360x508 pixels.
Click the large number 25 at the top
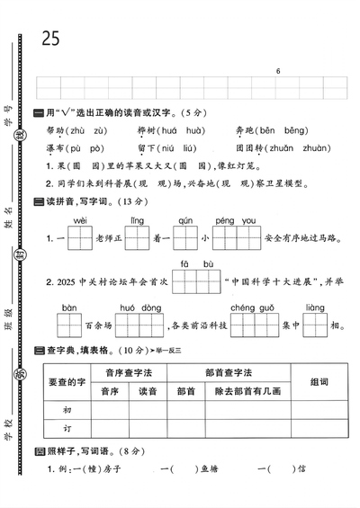click(x=50, y=38)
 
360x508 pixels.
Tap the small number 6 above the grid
click(x=279, y=71)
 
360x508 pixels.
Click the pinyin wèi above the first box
click(x=80, y=219)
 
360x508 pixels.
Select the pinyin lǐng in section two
click(x=137, y=219)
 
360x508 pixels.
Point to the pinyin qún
click(x=185, y=219)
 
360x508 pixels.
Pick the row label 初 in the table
click(x=65, y=409)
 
